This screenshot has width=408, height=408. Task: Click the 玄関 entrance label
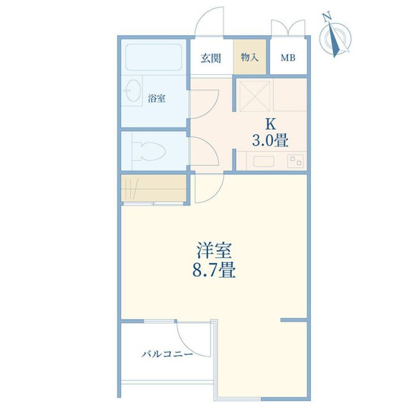210,58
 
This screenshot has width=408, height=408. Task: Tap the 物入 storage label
249,57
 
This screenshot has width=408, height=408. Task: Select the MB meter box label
288,58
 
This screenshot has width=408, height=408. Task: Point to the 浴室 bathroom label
156,99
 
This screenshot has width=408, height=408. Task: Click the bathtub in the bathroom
154,57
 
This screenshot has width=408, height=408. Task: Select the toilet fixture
149,151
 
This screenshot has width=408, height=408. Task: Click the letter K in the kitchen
270,124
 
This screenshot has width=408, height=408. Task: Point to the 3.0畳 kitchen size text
270,141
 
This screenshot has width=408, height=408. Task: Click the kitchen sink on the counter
263,161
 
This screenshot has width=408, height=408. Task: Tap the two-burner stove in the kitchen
295,161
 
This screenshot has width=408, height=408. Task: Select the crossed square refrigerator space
254,96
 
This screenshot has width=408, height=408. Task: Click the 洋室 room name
214,250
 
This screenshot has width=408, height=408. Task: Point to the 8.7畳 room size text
214,270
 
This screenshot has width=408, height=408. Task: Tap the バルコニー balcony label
167,354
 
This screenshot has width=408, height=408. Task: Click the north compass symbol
335,37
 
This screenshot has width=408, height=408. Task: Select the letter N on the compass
327,16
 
